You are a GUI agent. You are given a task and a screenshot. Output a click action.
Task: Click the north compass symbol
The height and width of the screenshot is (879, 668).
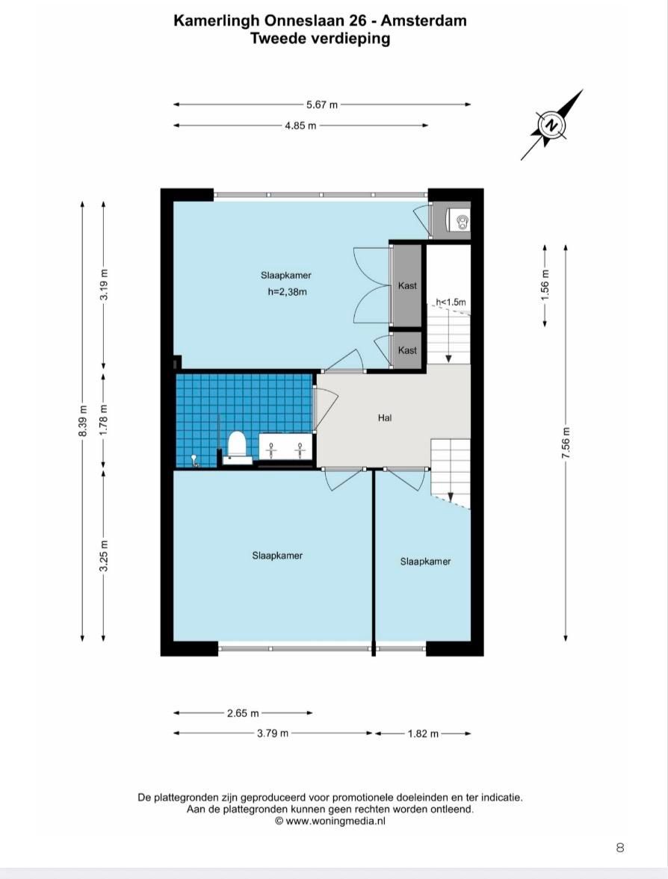coord(552,125)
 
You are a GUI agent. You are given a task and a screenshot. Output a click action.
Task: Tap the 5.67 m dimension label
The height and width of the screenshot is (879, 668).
coord(322,105)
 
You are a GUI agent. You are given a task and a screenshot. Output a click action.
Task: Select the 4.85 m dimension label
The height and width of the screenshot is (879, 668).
coord(300,125)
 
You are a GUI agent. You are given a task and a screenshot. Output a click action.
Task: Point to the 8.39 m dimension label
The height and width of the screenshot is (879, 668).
coord(82,420)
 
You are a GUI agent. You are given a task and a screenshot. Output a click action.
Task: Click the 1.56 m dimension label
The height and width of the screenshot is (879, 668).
coord(545,285)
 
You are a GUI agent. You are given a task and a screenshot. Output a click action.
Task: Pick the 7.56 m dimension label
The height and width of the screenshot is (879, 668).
coord(566,443)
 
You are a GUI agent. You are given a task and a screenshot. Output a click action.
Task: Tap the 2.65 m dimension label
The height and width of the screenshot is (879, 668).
coord(243,713)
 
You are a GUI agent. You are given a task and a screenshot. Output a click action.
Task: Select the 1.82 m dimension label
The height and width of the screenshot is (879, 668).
coord(423,733)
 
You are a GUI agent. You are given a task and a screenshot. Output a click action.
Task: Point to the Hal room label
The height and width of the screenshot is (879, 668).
coord(385,417)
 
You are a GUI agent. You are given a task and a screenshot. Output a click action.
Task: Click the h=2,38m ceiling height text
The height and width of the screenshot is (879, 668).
coord(287,291)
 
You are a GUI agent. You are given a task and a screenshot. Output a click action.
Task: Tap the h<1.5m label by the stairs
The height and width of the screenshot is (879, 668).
coord(451,302)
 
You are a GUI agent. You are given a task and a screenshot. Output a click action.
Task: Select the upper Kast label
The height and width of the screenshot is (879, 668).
coord(407,285)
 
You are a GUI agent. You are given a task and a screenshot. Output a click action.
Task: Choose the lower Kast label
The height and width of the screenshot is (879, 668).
coord(407,350)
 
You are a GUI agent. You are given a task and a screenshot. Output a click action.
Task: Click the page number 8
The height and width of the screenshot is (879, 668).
coord(619,848)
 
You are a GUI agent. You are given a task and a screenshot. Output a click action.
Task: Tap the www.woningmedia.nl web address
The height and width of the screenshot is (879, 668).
coord(335,821)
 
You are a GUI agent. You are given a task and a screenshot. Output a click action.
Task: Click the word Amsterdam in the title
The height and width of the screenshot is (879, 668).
coord(424,21)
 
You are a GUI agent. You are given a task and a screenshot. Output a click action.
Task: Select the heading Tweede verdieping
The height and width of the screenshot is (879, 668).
coord(321,39)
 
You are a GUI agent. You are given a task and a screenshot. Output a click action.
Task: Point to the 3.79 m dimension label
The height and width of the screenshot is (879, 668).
coord(273,733)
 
